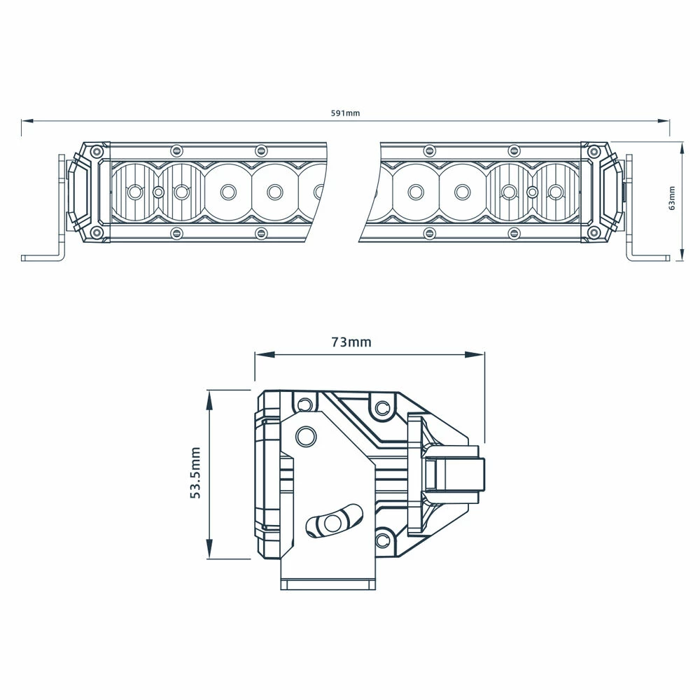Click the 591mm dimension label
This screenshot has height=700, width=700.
pos(346,113)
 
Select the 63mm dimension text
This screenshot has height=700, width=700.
pos(672,198)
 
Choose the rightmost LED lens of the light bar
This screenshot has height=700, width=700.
pos(556,191)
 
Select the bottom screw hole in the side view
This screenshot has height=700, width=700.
pos(383,540)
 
